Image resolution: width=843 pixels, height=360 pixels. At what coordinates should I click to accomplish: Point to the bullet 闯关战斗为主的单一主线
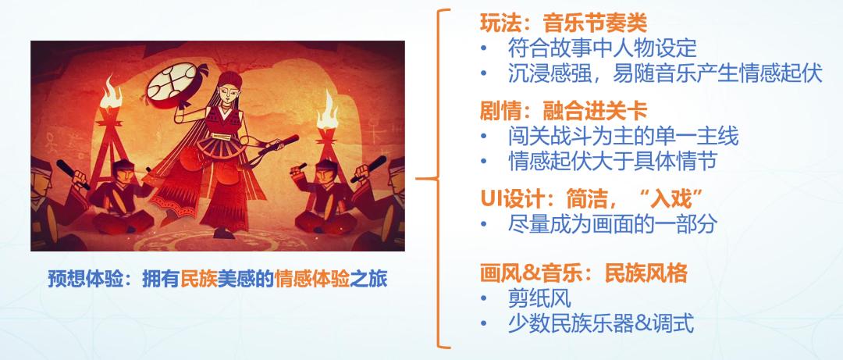[622, 137]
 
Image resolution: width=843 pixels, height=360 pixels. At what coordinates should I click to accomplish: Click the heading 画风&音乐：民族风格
[582, 273]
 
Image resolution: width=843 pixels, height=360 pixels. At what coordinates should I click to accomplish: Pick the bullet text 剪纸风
[539, 298]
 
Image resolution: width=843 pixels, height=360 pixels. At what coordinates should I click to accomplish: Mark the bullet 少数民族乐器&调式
[601, 323]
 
